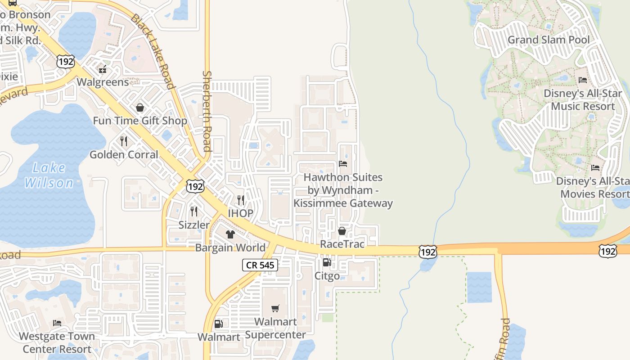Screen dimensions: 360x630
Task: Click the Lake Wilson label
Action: click(49, 175)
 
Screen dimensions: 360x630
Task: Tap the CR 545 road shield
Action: click(261, 265)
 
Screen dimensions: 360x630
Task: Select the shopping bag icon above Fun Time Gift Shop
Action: click(140, 108)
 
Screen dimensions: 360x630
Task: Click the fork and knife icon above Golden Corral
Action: click(124, 141)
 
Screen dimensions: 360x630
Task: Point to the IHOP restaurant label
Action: click(240, 213)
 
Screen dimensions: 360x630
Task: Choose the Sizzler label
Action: click(194, 225)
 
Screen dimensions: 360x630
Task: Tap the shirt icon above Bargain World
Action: click(230, 234)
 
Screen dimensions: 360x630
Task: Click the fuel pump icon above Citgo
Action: click(327, 262)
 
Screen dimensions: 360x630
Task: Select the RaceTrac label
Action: click(342, 244)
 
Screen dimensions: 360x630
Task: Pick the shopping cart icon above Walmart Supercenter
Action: click(275, 308)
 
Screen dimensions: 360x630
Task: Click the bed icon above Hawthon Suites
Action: click(343, 164)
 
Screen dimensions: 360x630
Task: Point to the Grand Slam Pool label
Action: click(548, 40)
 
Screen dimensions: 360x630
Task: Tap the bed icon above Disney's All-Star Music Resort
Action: click(583, 80)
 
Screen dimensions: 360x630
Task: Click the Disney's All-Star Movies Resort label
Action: click(593, 187)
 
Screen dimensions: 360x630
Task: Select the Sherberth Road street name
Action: click(207, 111)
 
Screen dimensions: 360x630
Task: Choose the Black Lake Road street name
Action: click(153, 51)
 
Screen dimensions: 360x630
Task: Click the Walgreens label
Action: click(103, 82)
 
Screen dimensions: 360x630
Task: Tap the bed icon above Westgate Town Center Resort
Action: click(57, 323)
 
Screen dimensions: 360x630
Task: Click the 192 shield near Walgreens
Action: click(66, 61)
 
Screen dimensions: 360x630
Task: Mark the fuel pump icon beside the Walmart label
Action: click(219, 324)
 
